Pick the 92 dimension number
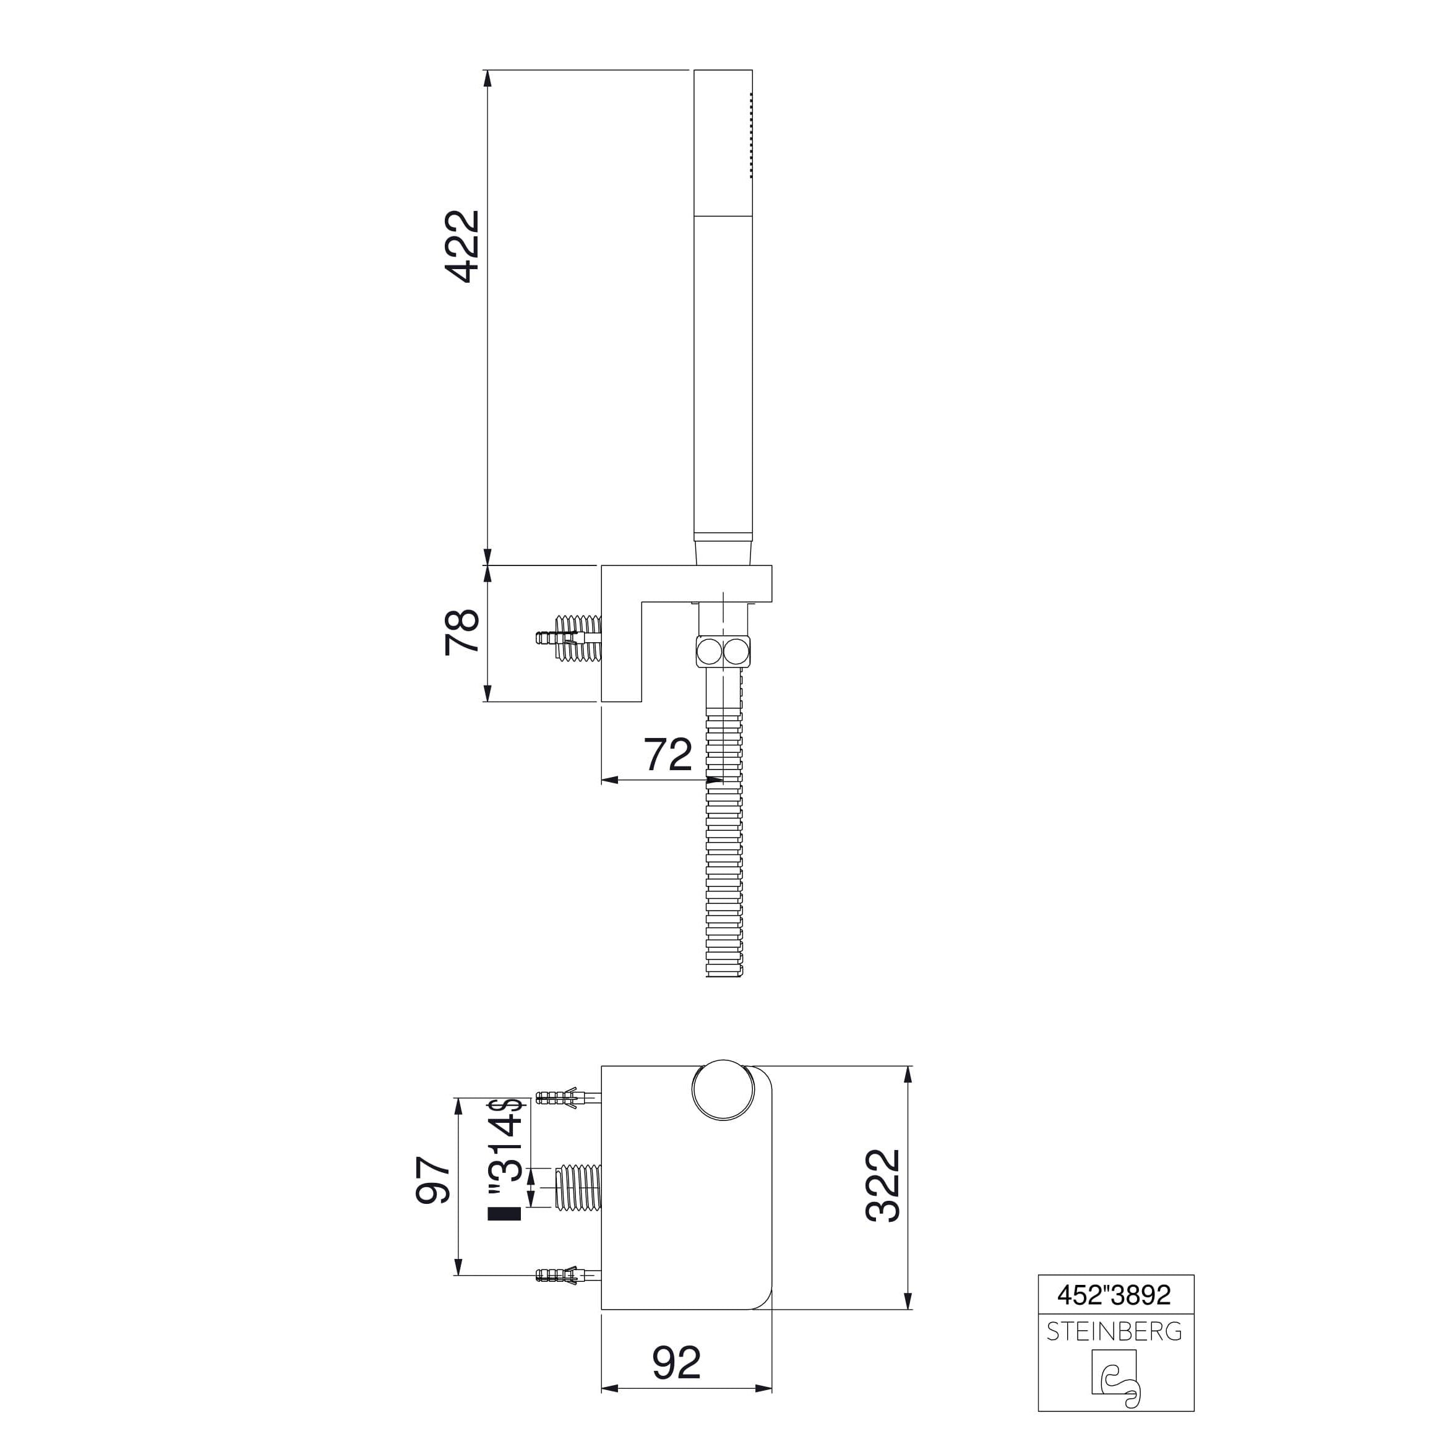tap(676, 1362)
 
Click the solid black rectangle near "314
tap(504, 1235)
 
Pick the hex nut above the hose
tap(723, 651)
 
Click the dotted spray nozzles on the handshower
tap(750, 135)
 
